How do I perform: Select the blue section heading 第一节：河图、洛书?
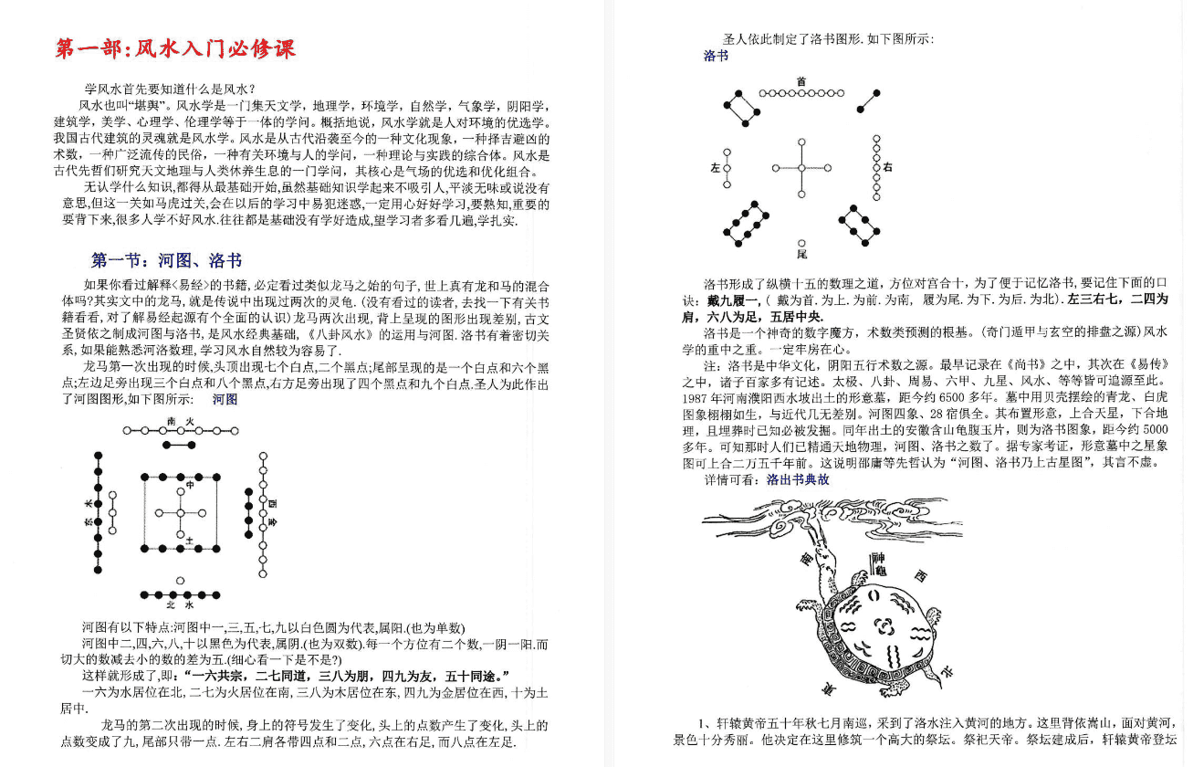point(167,261)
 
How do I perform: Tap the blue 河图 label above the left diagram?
point(225,399)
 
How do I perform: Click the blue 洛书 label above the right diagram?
point(716,57)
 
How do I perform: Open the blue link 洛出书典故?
point(798,478)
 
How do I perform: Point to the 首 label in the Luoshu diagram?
point(801,82)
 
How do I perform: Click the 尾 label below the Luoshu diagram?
point(801,253)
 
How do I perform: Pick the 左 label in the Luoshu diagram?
point(715,168)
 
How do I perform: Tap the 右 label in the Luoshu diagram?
point(887,168)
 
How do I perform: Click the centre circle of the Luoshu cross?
point(801,168)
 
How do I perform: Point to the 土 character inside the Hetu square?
point(189,541)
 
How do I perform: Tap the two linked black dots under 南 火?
point(181,444)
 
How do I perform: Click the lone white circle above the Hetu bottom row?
point(181,580)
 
